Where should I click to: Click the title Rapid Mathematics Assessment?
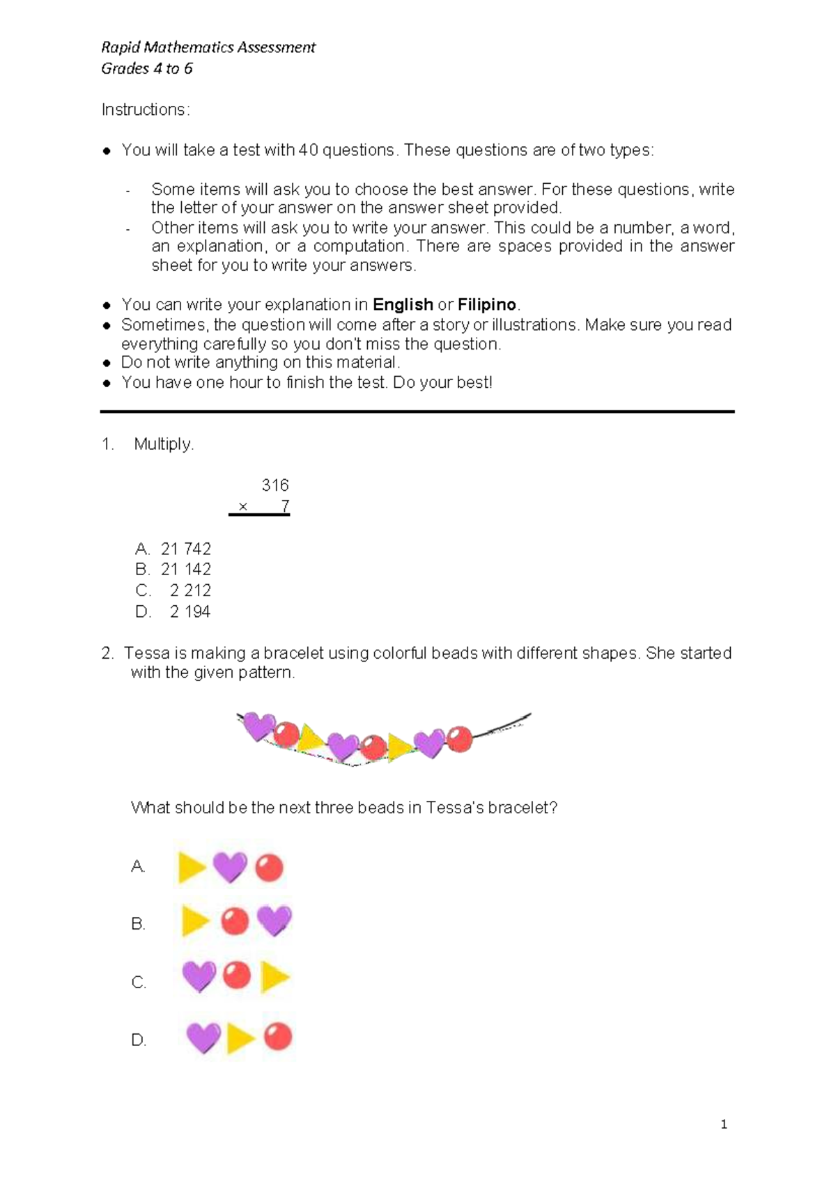coord(208,47)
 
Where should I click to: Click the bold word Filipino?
coord(487,305)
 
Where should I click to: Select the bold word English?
coord(403,305)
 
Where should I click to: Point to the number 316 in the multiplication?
coord(274,485)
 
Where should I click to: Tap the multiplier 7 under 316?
coord(285,506)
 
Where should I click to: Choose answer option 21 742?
coord(185,549)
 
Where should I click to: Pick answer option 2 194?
coord(189,611)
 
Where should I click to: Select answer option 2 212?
coord(189,590)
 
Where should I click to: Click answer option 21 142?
coord(185,570)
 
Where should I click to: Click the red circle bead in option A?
coord(269,868)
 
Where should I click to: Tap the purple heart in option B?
coord(274,921)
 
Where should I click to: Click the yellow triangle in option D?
coord(241,1038)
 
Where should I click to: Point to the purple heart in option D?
coord(203,1038)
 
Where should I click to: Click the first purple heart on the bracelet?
coord(258,726)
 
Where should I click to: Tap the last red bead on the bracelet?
coord(459,739)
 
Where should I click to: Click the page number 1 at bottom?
coord(724,1124)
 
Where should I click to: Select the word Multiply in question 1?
coord(163,444)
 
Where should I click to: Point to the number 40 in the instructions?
coord(308,150)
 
